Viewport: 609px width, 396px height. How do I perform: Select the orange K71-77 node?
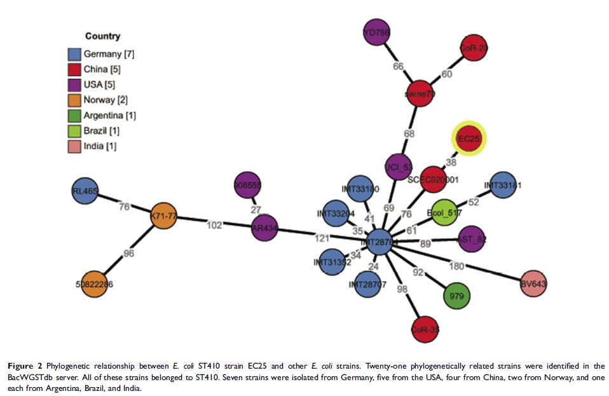click(x=164, y=217)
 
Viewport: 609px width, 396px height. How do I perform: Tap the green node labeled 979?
click(x=456, y=296)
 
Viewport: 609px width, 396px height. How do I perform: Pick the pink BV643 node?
click(x=533, y=283)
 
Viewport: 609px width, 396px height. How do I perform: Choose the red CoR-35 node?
click(x=425, y=329)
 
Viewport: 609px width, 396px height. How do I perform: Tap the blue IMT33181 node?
click(x=503, y=186)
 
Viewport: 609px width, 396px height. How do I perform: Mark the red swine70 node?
click(x=420, y=94)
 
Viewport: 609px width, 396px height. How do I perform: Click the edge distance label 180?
click(x=474, y=265)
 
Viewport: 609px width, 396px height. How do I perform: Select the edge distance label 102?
click(x=215, y=224)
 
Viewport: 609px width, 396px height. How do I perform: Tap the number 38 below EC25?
click(x=452, y=162)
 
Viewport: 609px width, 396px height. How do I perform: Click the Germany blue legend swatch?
click(x=74, y=54)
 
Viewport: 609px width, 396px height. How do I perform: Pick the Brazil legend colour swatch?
click(x=74, y=130)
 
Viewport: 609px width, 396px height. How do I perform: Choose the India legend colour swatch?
click(x=74, y=146)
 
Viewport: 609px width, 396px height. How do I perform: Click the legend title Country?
click(x=102, y=36)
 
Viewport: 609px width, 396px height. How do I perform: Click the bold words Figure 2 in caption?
click(x=25, y=367)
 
